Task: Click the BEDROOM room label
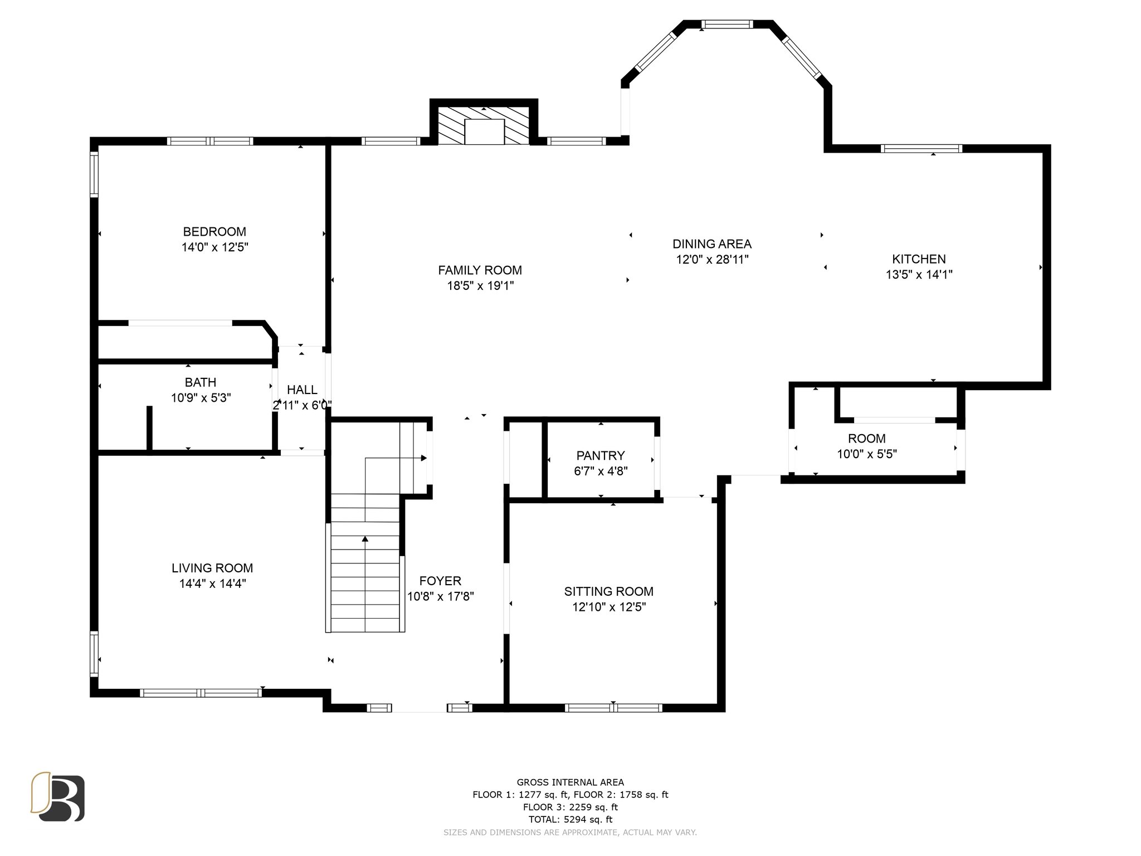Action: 214,232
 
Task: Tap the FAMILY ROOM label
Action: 480,271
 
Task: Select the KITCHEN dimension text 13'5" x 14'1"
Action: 919,275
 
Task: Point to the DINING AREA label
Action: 712,244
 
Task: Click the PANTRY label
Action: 601,456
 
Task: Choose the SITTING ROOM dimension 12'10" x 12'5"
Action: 608,607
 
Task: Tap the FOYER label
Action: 440,581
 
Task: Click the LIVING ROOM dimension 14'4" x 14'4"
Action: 212,583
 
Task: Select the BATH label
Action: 201,383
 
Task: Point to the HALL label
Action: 302,390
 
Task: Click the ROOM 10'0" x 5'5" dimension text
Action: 867,454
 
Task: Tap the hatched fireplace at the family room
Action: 484,126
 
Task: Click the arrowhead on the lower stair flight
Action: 365,539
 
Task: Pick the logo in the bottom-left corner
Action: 57,796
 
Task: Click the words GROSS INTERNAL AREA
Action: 570,782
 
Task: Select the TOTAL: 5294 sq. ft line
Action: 570,819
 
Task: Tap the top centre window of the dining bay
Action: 727,24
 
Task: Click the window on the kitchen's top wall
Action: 921,149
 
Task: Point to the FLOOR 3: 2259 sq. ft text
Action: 570,807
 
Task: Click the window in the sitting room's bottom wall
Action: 613,708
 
